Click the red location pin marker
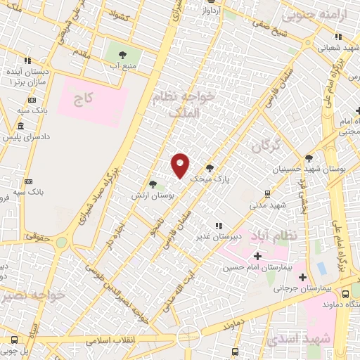click(x=181, y=165)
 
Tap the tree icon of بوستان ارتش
click(x=153, y=184)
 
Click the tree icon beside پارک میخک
click(x=210, y=168)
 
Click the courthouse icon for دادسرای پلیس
click(x=19, y=127)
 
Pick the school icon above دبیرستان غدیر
click(x=219, y=226)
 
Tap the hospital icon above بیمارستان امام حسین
click(x=257, y=255)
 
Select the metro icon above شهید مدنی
click(x=268, y=193)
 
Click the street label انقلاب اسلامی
click(x=110, y=340)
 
